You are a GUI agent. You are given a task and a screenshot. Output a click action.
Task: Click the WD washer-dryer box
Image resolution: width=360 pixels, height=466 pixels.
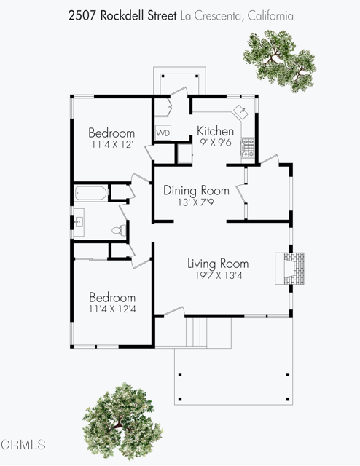tap(163, 133)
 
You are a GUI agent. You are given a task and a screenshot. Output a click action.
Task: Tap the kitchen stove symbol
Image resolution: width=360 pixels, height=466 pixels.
tap(248, 147)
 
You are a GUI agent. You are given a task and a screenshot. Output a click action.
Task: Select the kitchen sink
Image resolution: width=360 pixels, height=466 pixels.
tap(241, 111)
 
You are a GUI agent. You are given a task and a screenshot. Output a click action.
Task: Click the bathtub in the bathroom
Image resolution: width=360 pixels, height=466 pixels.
tap(90, 192)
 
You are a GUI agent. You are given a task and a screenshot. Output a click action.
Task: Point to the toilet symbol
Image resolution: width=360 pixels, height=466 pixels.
tap(119, 230)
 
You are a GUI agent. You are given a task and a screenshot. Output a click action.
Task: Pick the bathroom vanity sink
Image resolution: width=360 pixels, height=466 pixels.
tap(79, 222)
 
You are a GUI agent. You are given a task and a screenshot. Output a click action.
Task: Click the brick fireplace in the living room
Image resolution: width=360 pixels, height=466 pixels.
tap(289, 269)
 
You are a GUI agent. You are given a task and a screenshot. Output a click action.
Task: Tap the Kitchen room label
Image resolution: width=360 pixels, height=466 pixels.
tap(216, 131)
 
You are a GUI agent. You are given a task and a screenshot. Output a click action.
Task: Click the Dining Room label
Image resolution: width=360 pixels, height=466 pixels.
tap(196, 190)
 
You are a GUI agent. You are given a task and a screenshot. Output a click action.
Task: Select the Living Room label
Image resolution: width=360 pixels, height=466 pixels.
tap(218, 264)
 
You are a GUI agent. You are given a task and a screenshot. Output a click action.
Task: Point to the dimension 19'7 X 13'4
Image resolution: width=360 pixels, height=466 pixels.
tap(219, 275)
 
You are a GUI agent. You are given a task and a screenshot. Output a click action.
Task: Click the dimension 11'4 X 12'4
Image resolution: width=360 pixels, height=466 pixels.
tap(112, 309)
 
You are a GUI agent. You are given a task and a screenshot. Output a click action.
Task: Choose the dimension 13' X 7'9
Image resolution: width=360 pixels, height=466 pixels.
tap(196, 202)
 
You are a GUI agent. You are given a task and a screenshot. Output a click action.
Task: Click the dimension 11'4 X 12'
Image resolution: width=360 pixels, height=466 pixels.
tap(112, 144)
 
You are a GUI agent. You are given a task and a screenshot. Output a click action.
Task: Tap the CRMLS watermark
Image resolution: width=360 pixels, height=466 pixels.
tap(23, 445)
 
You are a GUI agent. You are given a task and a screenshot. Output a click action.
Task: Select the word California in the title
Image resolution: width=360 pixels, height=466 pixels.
tap(270, 15)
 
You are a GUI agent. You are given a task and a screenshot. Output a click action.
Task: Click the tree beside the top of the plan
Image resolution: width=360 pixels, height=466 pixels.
tap(279, 61)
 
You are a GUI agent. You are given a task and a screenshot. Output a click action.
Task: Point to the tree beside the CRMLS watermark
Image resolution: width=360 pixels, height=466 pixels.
tap(122, 422)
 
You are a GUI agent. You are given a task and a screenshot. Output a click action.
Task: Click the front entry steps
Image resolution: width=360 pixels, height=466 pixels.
tap(196, 332)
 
